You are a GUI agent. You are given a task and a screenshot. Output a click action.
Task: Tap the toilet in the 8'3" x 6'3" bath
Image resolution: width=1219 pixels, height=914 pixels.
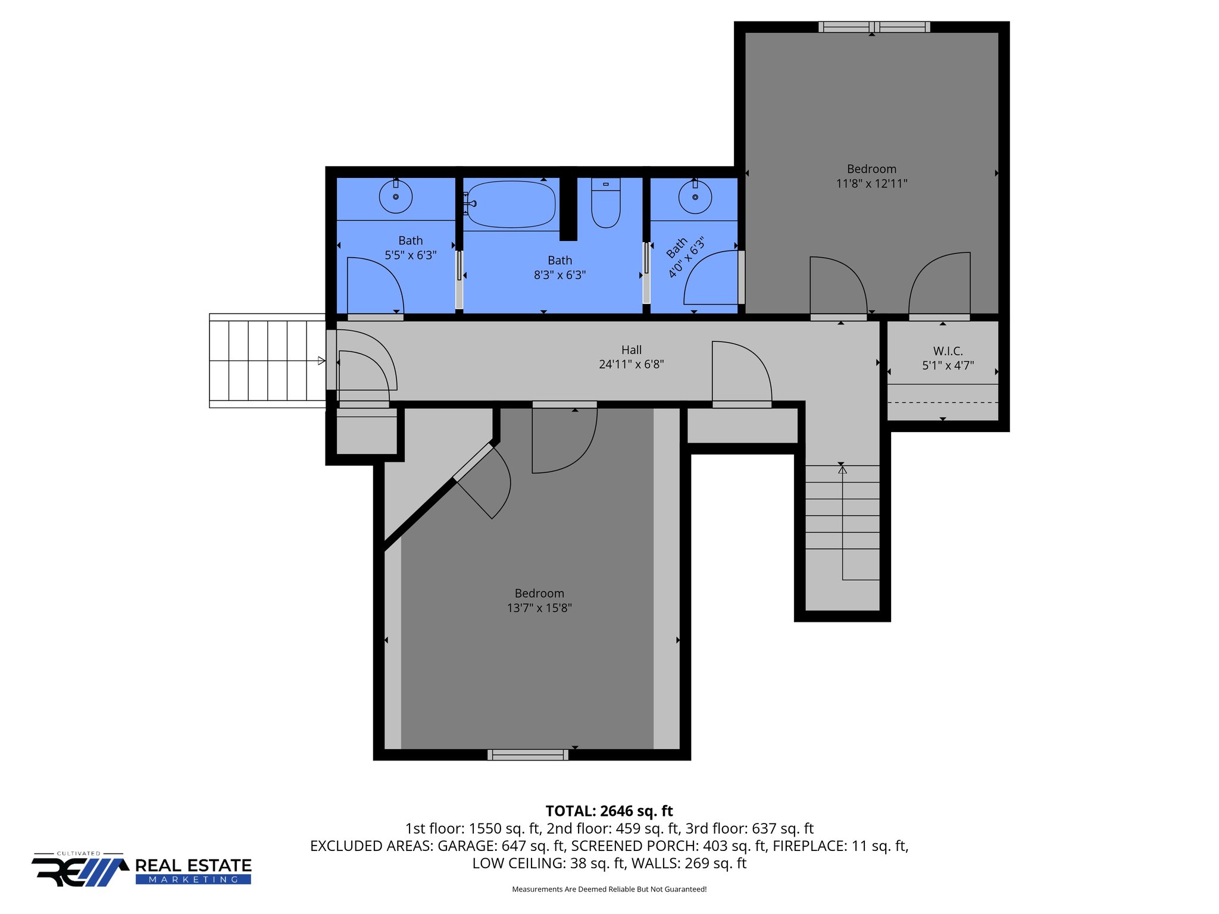click(x=606, y=204)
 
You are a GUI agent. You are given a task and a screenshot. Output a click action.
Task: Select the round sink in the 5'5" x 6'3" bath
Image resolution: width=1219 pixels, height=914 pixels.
click(x=396, y=197)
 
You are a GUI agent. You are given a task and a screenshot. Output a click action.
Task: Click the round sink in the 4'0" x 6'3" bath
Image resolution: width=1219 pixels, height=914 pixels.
click(x=695, y=197)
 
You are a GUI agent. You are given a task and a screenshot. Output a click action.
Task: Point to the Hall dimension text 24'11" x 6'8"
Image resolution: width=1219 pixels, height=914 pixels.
click(x=631, y=364)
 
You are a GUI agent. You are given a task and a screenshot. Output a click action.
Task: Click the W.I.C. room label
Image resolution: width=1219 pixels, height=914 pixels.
click(x=948, y=351)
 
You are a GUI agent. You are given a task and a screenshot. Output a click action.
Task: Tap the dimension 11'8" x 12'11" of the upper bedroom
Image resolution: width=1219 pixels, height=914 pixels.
click(x=871, y=183)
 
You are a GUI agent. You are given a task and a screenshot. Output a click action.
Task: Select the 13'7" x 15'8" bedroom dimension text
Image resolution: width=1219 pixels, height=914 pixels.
click(x=539, y=608)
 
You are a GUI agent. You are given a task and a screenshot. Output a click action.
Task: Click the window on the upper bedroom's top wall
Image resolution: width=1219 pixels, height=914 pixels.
click(x=874, y=27)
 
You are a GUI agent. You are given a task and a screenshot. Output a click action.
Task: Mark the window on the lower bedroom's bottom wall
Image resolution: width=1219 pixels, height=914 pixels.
click(x=528, y=755)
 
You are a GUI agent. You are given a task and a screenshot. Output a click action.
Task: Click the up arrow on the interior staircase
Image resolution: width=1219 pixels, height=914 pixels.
click(x=842, y=470)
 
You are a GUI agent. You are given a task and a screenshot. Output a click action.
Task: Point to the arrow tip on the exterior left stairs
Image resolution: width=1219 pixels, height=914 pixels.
click(x=321, y=361)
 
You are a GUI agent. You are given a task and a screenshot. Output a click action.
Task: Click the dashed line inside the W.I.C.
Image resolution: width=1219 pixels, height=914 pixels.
click(x=942, y=403)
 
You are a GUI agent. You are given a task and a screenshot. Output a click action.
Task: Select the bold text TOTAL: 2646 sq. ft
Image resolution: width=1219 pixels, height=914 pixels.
click(x=609, y=811)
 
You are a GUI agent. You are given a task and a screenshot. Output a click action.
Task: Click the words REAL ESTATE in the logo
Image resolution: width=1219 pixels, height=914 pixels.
click(x=193, y=865)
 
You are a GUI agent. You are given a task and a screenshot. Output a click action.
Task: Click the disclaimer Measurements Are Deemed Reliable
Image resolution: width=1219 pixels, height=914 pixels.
click(x=609, y=889)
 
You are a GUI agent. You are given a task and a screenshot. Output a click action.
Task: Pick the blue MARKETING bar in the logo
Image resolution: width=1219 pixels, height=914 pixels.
click(x=193, y=879)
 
